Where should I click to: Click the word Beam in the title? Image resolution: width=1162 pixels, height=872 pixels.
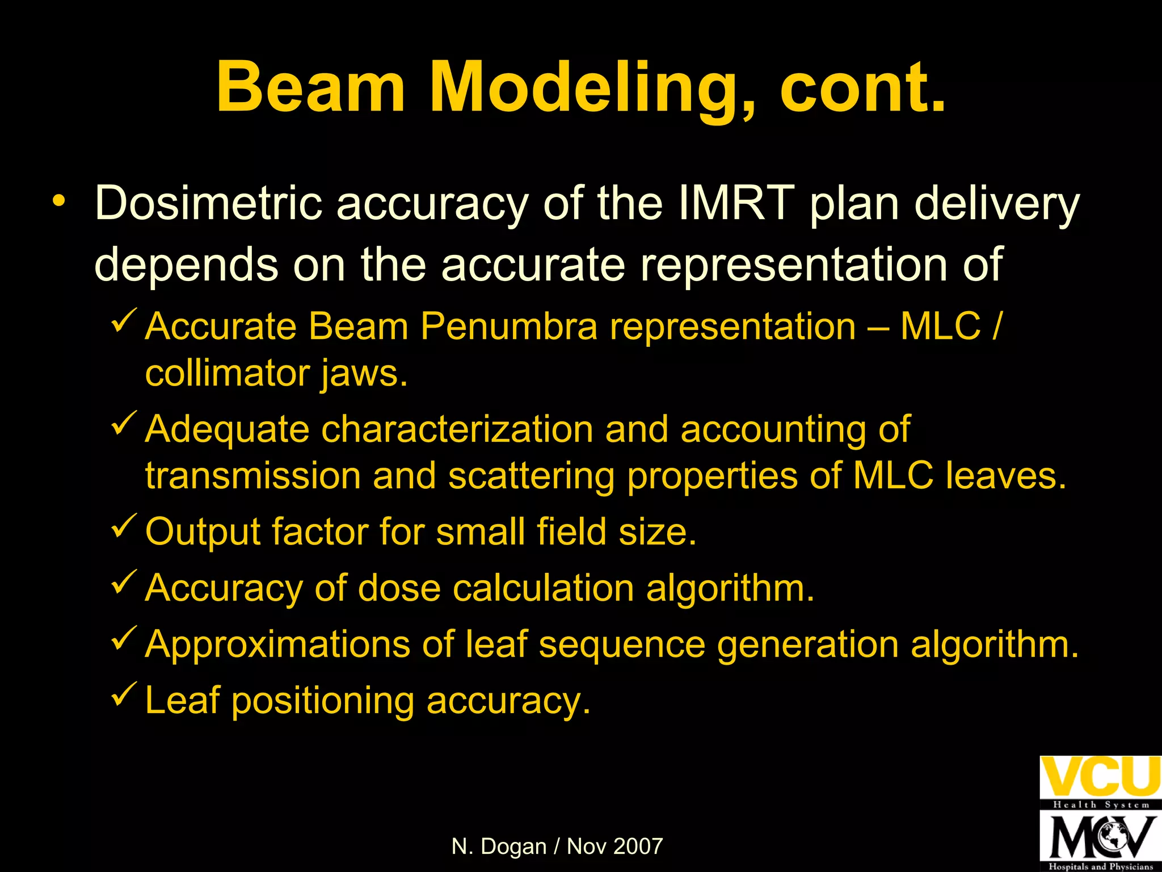[x=311, y=88]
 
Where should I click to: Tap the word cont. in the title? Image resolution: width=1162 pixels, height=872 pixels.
[x=862, y=88]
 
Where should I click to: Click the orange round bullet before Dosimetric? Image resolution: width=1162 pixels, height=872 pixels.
[x=58, y=202]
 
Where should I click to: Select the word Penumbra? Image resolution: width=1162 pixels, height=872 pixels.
[x=509, y=327]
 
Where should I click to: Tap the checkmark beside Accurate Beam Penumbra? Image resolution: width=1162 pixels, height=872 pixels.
[x=123, y=320]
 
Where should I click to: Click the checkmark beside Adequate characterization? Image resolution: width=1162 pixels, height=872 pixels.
[x=123, y=424]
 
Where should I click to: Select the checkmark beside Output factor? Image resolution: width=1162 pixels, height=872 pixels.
[x=123, y=525]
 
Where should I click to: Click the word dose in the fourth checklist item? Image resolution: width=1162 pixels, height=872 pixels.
[x=399, y=588]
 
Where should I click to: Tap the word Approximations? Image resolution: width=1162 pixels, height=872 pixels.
[x=277, y=645]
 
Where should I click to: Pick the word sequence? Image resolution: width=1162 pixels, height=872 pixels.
[x=621, y=646]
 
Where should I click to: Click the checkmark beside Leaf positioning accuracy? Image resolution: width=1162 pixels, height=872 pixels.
[x=123, y=694]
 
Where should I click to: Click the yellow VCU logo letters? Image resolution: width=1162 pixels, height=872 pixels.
[x=1100, y=777]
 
